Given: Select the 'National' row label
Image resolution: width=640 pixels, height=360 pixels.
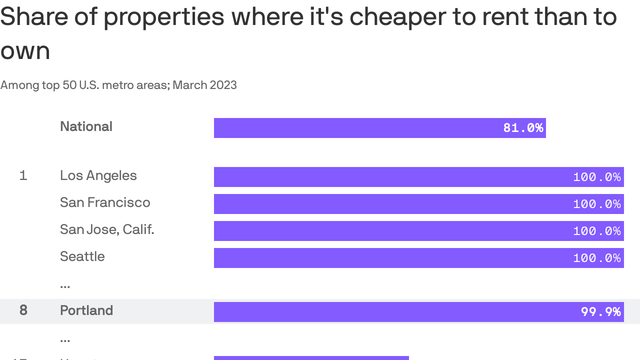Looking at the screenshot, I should point(86,127).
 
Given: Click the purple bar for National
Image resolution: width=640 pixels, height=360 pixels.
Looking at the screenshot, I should point(379,128).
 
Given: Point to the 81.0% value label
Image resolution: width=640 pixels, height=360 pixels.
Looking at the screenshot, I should point(523,128).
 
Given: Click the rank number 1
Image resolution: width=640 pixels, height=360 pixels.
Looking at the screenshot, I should point(23,176).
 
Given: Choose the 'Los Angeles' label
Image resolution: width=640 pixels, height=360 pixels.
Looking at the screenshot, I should point(98,176).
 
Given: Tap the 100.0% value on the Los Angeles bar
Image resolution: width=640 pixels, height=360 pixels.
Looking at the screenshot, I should point(597,177).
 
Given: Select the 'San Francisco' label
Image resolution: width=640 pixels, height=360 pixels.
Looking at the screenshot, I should point(105,203).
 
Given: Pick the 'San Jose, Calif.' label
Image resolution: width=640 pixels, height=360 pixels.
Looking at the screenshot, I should point(107,230).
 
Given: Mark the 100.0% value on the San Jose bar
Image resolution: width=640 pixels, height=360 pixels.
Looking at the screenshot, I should point(597,231).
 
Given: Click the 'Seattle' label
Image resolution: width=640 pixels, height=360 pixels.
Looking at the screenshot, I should point(82,257).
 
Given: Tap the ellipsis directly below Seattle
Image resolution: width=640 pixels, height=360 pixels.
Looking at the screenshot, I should point(66,285).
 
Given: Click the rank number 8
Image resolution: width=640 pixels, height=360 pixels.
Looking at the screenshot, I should point(23,311).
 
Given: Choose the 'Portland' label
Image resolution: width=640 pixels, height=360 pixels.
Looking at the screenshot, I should point(86,311).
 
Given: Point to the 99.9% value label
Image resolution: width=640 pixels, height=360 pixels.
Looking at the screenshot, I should point(601,312).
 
